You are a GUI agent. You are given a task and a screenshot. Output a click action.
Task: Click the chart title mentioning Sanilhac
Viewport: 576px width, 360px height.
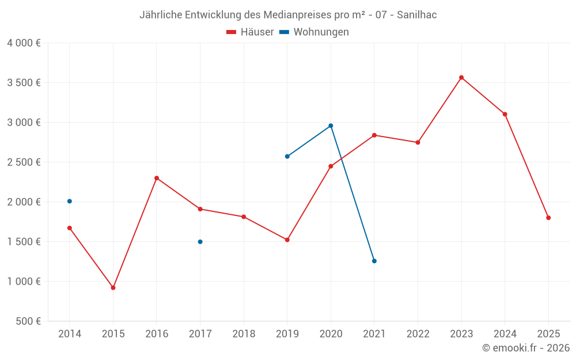point(288,15)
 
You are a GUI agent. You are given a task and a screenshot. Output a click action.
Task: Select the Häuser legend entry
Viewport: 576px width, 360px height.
point(251,32)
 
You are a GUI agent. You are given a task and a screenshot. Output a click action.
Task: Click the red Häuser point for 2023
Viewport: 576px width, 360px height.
point(461,78)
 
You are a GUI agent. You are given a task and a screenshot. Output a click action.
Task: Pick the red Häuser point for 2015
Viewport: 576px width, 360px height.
point(113,287)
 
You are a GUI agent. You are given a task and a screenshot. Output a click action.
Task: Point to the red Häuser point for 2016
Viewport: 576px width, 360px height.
point(157,178)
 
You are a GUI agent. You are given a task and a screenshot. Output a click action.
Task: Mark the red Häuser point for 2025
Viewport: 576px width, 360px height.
point(548,218)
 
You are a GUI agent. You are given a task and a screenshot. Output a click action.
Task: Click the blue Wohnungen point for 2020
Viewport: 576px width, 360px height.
point(331,126)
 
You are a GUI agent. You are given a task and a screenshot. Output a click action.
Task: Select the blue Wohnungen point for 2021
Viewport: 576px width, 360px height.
point(374,261)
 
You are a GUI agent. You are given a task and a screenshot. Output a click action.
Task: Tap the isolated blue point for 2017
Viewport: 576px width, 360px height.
point(200,242)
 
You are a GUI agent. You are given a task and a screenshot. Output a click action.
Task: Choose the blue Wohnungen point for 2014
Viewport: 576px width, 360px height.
point(70,201)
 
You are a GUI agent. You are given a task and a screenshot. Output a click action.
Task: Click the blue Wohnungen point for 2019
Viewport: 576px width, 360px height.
point(287,156)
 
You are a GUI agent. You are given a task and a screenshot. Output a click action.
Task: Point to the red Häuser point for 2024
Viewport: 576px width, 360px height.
point(505,114)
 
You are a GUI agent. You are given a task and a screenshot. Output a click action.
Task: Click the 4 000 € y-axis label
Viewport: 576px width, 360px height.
point(24,43)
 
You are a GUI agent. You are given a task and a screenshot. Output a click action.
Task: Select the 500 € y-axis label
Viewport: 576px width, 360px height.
point(28,321)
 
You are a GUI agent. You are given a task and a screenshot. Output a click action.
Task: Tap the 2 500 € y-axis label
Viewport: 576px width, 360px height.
point(24,162)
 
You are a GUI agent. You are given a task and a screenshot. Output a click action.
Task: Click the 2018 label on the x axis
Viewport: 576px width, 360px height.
point(244,334)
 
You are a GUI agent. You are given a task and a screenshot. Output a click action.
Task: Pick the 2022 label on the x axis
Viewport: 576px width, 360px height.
point(418,334)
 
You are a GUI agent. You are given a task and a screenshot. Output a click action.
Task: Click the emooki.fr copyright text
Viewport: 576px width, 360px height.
point(525,348)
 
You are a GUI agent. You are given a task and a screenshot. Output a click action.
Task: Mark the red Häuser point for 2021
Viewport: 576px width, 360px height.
point(374,135)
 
